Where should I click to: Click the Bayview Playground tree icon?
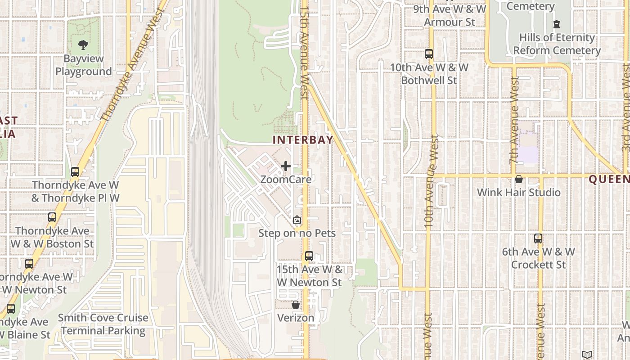(83, 45)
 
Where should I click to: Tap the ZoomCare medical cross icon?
(286, 166)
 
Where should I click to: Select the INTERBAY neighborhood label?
(303, 139)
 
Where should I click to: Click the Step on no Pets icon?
(297, 220)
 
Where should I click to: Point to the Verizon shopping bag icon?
(296, 305)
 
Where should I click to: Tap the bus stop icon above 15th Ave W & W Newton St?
(309, 256)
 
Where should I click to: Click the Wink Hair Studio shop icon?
(519, 179)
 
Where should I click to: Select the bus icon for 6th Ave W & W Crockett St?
(538, 238)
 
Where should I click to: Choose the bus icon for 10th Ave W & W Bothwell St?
(429, 54)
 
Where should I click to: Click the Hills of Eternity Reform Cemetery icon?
(557, 24)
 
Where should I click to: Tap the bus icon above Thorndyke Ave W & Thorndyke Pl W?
(75, 172)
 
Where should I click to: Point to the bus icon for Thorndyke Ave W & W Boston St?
(52, 217)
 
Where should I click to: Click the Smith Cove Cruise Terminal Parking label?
(103, 324)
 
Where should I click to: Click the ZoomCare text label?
(286, 179)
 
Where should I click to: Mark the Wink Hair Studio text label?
(518, 193)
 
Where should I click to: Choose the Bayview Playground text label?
(83, 65)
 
